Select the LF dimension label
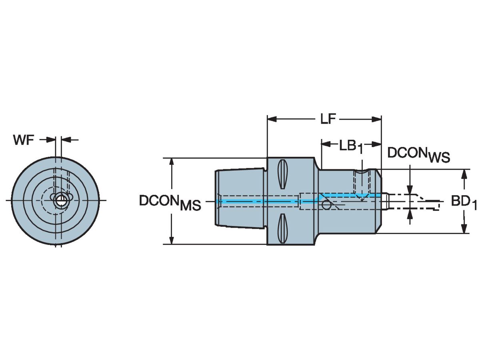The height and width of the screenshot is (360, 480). (x=327, y=119)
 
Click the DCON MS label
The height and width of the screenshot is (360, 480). (x=170, y=202)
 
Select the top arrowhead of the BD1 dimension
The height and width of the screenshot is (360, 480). (x=464, y=173)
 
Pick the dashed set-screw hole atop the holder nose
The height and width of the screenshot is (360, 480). (x=362, y=184)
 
